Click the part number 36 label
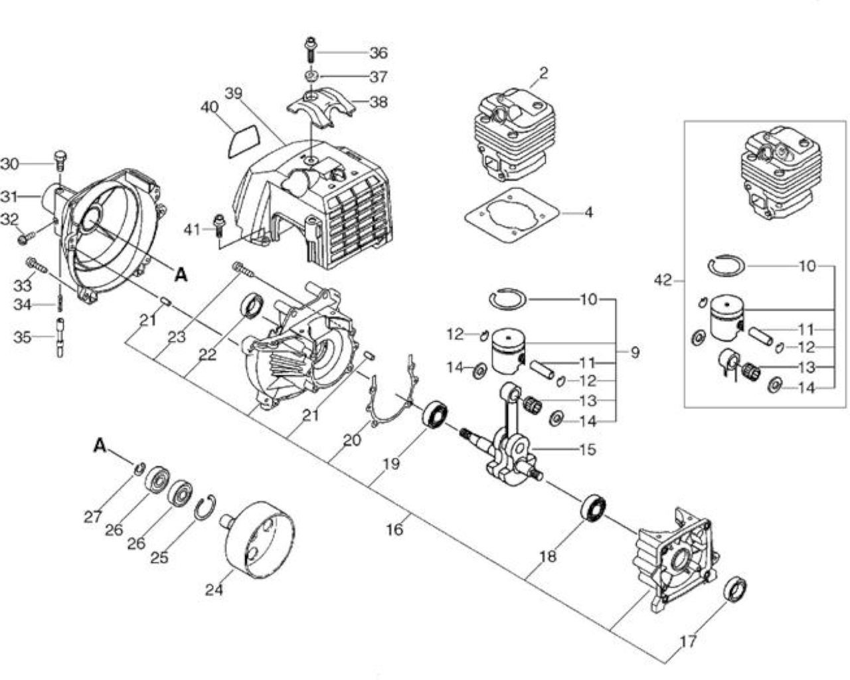[x=378, y=52]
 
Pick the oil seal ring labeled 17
[x=735, y=589]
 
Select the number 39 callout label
[x=234, y=93]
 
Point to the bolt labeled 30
[x=60, y=161]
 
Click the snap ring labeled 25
[x=205, y=507]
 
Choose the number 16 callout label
[x=394, y=529]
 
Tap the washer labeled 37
[x=311, y=76]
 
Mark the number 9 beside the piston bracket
[x=635, y=352]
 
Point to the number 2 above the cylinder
[x=543, y=72]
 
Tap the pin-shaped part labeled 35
[x=60, y=337]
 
